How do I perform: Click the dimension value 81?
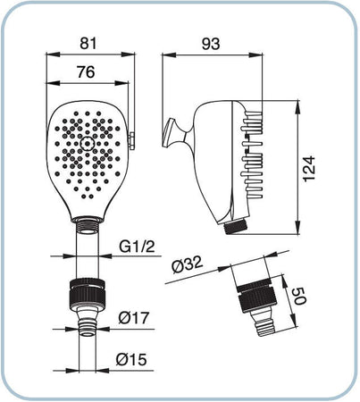pos(88,44)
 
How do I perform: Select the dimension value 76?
pos(86,71)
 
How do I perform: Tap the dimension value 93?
pos(211,44)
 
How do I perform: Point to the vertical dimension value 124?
pos(309,168)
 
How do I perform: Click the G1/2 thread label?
pos(138,247)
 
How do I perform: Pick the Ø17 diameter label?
pos(133,318)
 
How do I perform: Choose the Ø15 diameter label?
pos(131,359)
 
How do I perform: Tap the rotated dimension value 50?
pos(299,296)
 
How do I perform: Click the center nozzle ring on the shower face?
pos(88,144)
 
